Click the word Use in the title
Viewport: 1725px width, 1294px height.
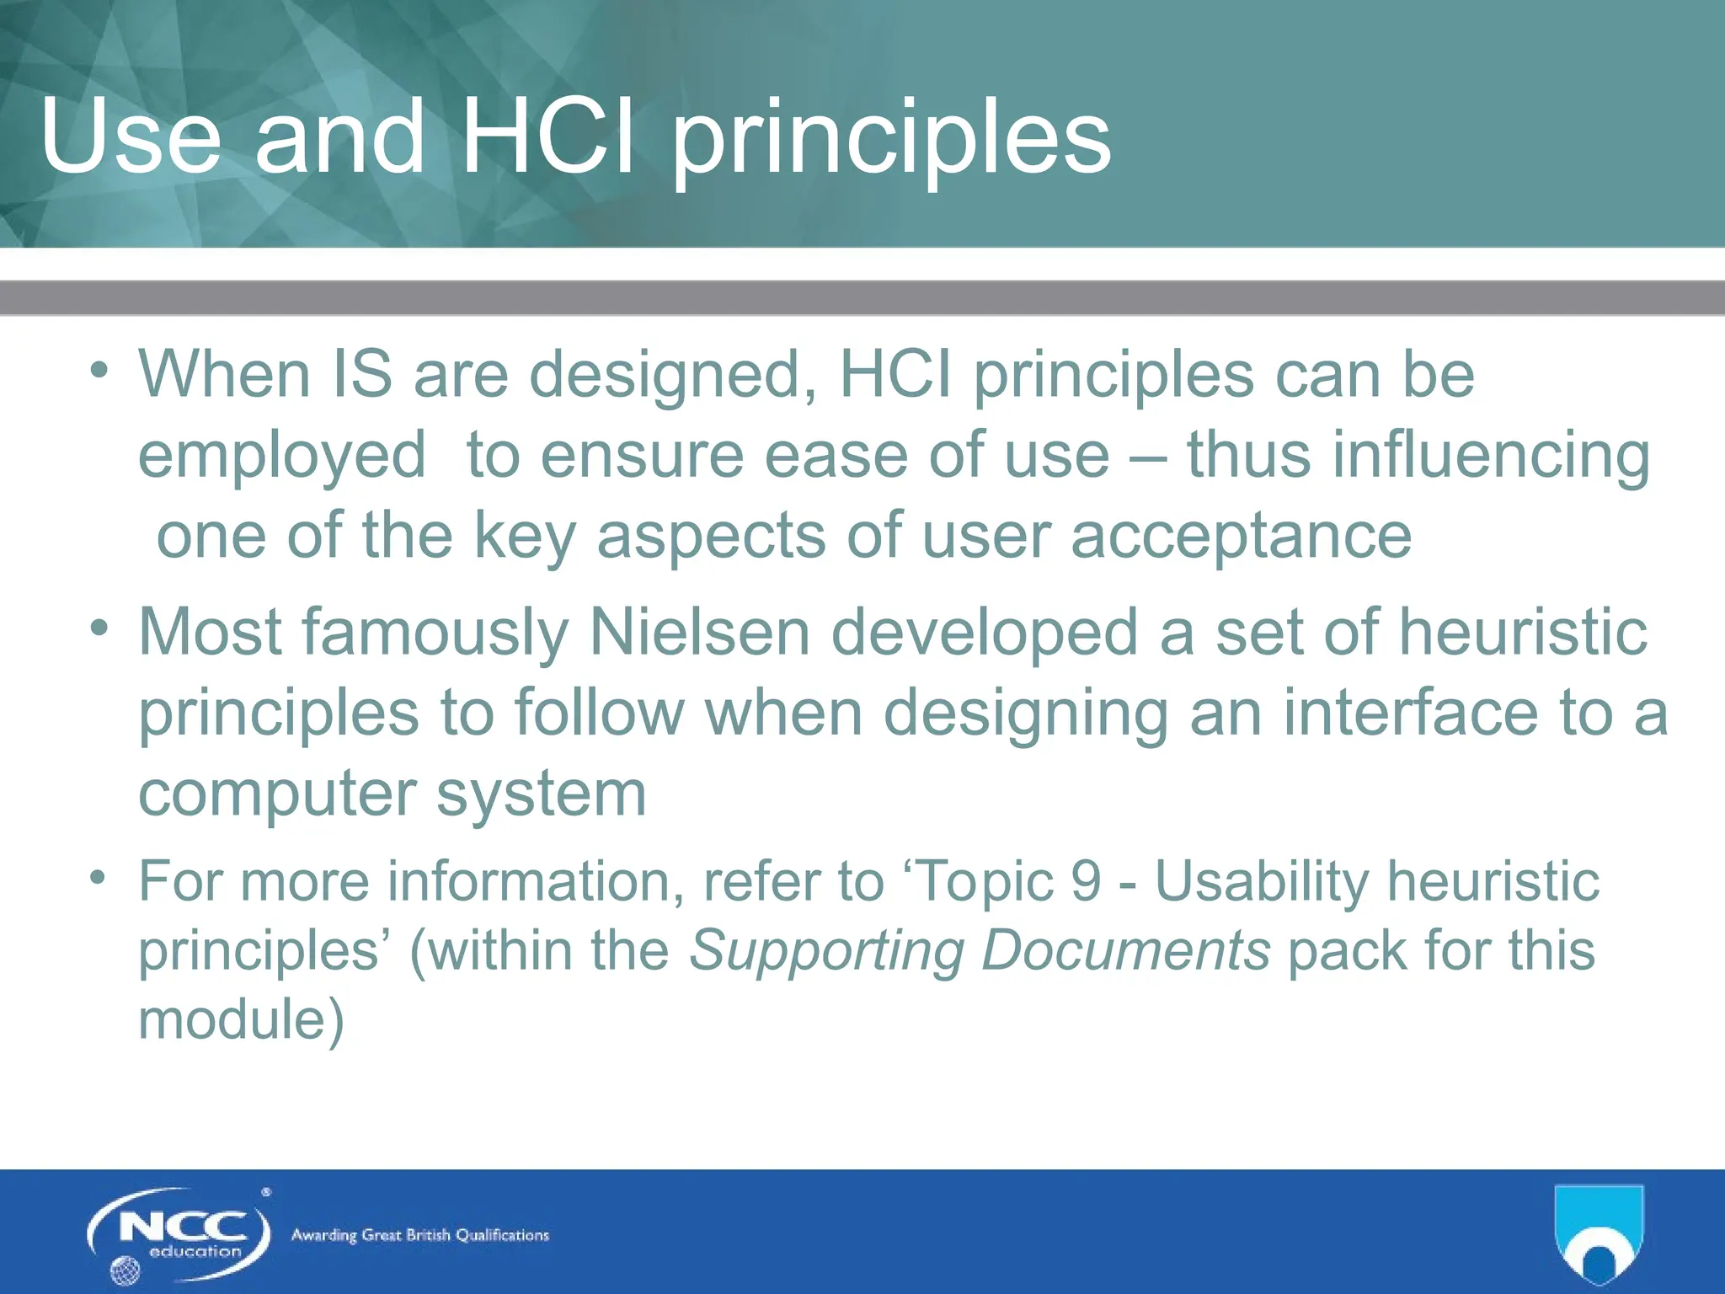click(131, 136)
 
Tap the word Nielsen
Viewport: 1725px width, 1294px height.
click(699, 633)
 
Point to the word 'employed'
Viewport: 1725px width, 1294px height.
click(282, 457)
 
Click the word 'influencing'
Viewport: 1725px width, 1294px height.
click(1418, 457)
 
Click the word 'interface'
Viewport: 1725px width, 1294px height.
click(1411, 713)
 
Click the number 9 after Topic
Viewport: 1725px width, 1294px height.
click(1087, 881)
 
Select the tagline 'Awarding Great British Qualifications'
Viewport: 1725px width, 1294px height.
click(419, 1236)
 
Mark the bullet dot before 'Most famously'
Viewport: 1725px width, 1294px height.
click(100, 628)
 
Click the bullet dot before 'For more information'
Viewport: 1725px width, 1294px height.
click(99, 877)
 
